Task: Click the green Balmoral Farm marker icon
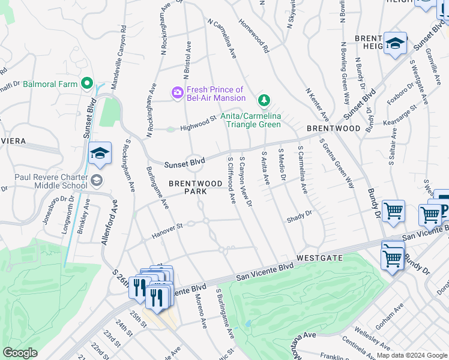click(x=87, y=83)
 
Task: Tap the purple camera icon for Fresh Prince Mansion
click(x=177, y=93)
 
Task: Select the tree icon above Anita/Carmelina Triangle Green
click(x=262, y=100)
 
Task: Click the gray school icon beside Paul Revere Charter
click(x=96, y=180)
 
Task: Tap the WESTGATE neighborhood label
click(x=319, y=258)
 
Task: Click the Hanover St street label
click(x=166, y=230)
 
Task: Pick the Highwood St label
click(x=197, y=124)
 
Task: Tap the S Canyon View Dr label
click(x=245, y=183)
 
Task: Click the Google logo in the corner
click(x=20, y=353)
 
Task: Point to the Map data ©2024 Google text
click(x=412, y=355)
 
